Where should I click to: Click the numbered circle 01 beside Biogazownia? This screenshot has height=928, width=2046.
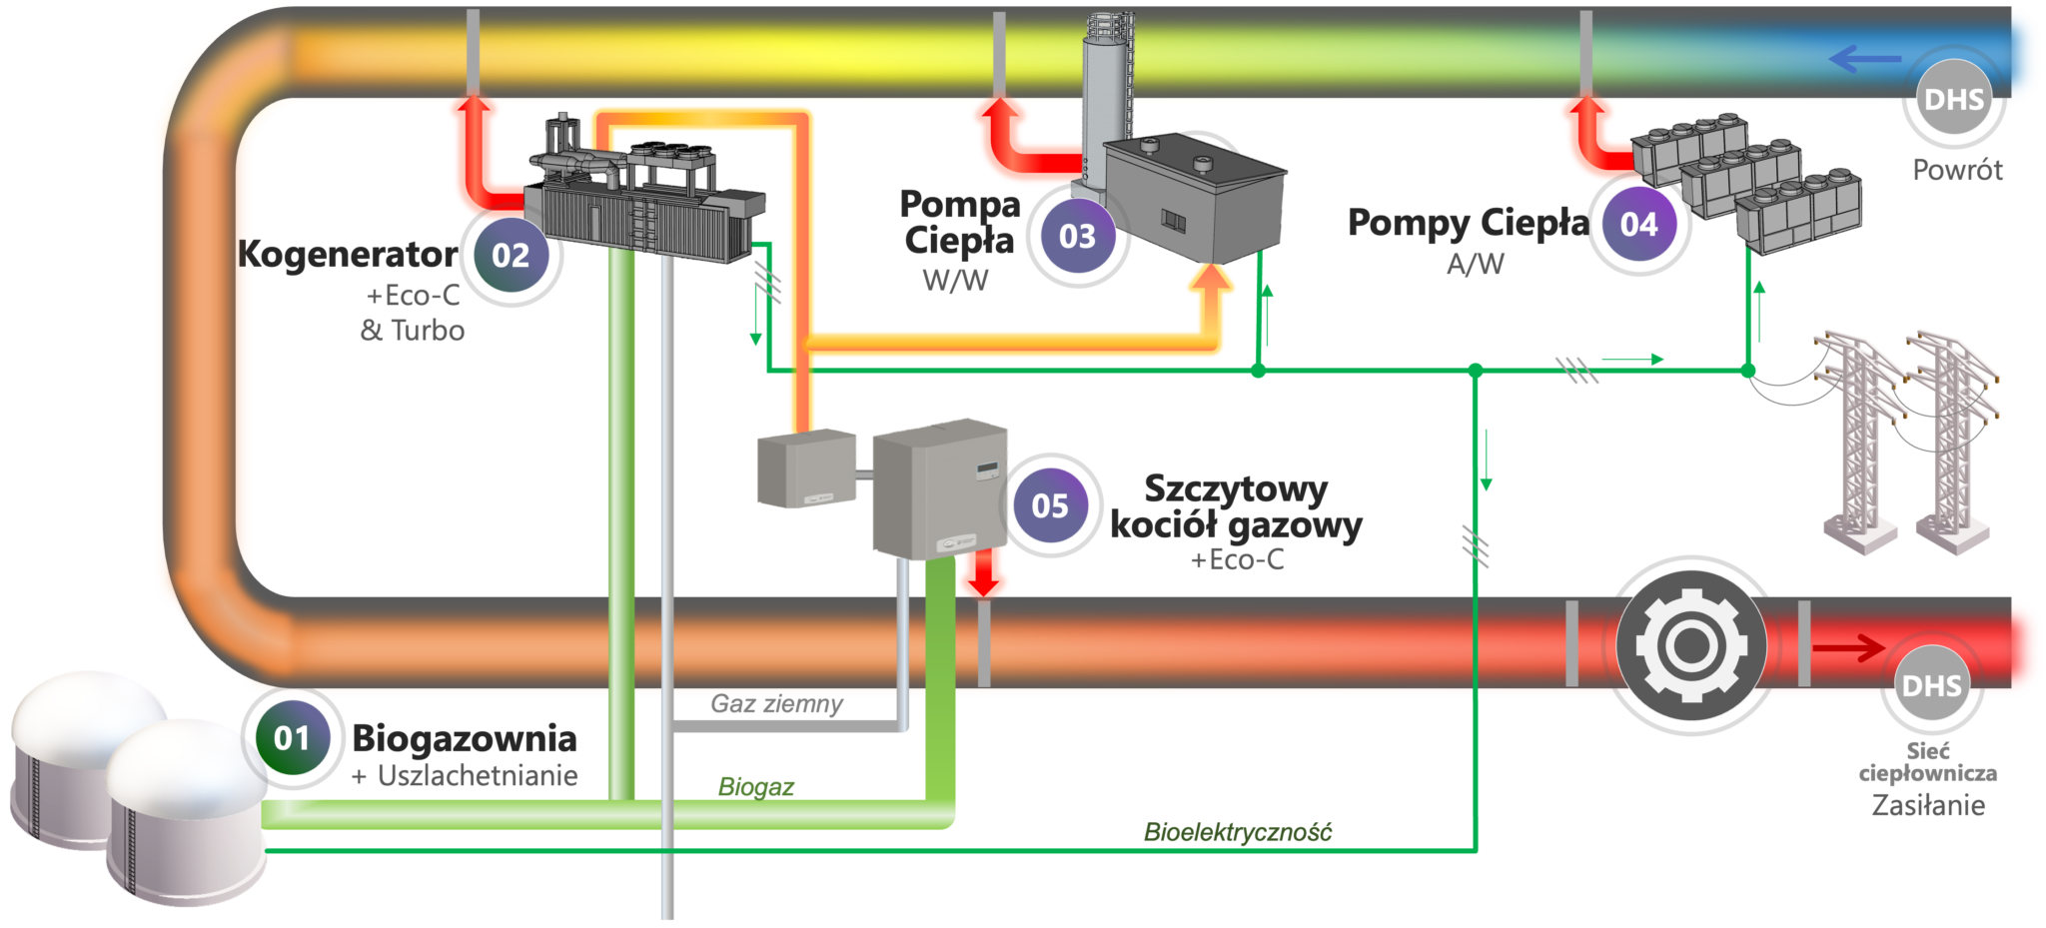[292, 739]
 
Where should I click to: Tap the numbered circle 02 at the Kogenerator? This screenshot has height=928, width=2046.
[511, 256]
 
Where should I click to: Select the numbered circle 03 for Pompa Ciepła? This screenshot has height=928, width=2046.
[1077, 237]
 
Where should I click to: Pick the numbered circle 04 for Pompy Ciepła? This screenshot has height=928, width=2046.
[1638, 225]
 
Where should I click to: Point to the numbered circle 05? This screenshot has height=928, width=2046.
[1050, 505]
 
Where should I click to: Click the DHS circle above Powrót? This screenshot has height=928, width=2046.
[1953, 100]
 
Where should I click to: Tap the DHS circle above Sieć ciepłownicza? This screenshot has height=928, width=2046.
[1931, 686]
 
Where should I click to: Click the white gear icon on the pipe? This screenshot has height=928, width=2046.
[1690, 645]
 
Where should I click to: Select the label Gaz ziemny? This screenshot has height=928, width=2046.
[776, 704]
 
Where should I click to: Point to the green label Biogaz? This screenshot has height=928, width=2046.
[756, 787]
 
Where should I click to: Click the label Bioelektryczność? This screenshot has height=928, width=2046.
[1237, 832]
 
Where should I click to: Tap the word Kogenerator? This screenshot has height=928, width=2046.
[348, 255]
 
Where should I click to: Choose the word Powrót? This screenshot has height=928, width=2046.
[1957, 170]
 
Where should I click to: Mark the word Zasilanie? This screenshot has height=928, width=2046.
[1927, 805]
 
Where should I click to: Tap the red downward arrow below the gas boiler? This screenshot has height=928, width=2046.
[984, 578]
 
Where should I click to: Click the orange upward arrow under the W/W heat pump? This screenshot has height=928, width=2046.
[1210, 290]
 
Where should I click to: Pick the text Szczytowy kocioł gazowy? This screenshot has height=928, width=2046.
[1236, 506]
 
